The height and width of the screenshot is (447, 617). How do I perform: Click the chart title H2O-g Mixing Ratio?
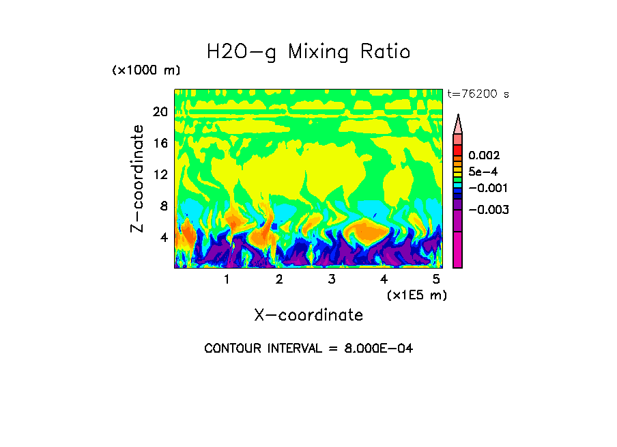(308, 52)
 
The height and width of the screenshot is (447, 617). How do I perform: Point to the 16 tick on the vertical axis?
(160, 143)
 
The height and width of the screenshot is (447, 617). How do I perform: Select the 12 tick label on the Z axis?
(160, 174)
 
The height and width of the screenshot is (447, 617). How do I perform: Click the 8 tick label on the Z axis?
(164, 206)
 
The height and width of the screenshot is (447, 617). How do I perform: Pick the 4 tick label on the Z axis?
(164, 237)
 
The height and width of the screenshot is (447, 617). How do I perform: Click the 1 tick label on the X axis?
(227, 280)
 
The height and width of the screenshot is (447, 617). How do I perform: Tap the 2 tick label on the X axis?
(279, 280)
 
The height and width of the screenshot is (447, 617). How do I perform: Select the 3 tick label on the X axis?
(332, 280)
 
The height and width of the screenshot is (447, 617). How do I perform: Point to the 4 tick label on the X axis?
(384, 280)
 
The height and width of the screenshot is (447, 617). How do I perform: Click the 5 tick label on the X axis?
(436, 280)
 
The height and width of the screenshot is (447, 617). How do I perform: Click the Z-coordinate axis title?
(138, 178)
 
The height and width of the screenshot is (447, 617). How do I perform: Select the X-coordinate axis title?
(308, 315)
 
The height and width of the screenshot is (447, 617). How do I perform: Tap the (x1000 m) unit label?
(145, 70)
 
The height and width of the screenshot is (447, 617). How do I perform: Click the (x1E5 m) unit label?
(416, 295)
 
